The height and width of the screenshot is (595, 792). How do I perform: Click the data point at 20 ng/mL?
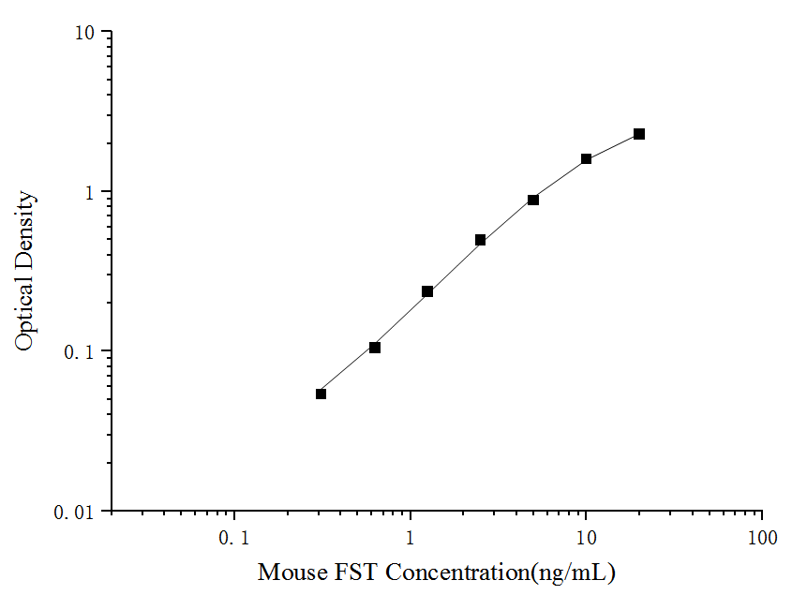639,134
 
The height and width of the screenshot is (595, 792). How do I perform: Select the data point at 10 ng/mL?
586,159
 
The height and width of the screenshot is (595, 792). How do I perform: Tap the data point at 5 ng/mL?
533,200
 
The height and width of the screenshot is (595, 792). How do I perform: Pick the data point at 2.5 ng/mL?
480,240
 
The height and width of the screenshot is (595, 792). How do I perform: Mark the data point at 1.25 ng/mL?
427,291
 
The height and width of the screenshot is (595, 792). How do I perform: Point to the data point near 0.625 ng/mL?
375,348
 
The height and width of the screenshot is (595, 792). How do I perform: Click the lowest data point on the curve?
321,394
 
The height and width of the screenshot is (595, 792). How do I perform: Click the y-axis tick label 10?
84,32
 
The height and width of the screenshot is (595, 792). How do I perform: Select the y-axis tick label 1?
90,192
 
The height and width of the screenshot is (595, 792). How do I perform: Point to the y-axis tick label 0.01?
76,513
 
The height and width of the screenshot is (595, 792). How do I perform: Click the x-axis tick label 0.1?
234,539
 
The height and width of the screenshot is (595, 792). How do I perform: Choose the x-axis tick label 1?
411,539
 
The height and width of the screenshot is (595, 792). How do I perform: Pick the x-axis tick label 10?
586,539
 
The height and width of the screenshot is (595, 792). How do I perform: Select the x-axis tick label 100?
762,539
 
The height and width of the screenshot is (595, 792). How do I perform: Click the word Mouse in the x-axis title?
286,571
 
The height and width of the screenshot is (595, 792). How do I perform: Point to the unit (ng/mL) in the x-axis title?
575,572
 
